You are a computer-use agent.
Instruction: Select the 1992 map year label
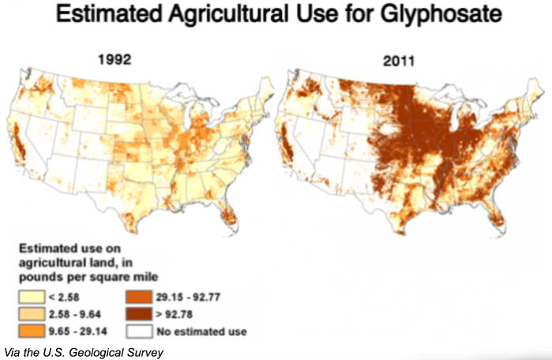pos(114,58)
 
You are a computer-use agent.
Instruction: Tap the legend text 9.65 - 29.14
pos(78,331)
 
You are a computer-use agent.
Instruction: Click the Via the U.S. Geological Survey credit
pos(82,351)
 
